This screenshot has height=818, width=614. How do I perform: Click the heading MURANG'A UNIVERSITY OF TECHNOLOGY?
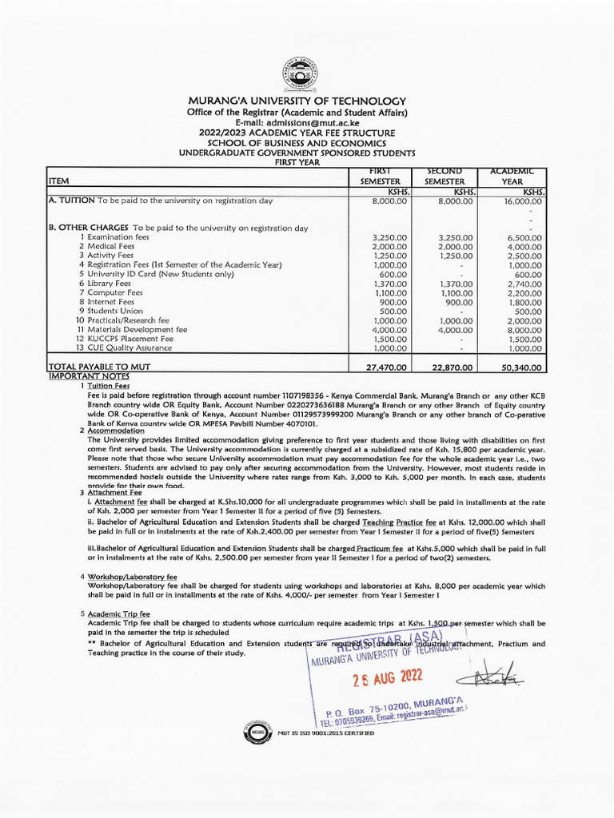tap(297, 101)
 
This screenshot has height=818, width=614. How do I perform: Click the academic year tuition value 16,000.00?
tap(523, 203)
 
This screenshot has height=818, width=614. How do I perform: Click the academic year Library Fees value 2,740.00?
tap(524, 284)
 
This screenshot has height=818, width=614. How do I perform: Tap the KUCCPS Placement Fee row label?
tap(129, 339)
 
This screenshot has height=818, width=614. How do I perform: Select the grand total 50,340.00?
tap(521, 367)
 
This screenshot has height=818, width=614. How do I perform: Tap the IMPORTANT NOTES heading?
tap(89, 375)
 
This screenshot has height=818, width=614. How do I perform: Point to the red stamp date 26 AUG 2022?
tap(388, 678)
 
